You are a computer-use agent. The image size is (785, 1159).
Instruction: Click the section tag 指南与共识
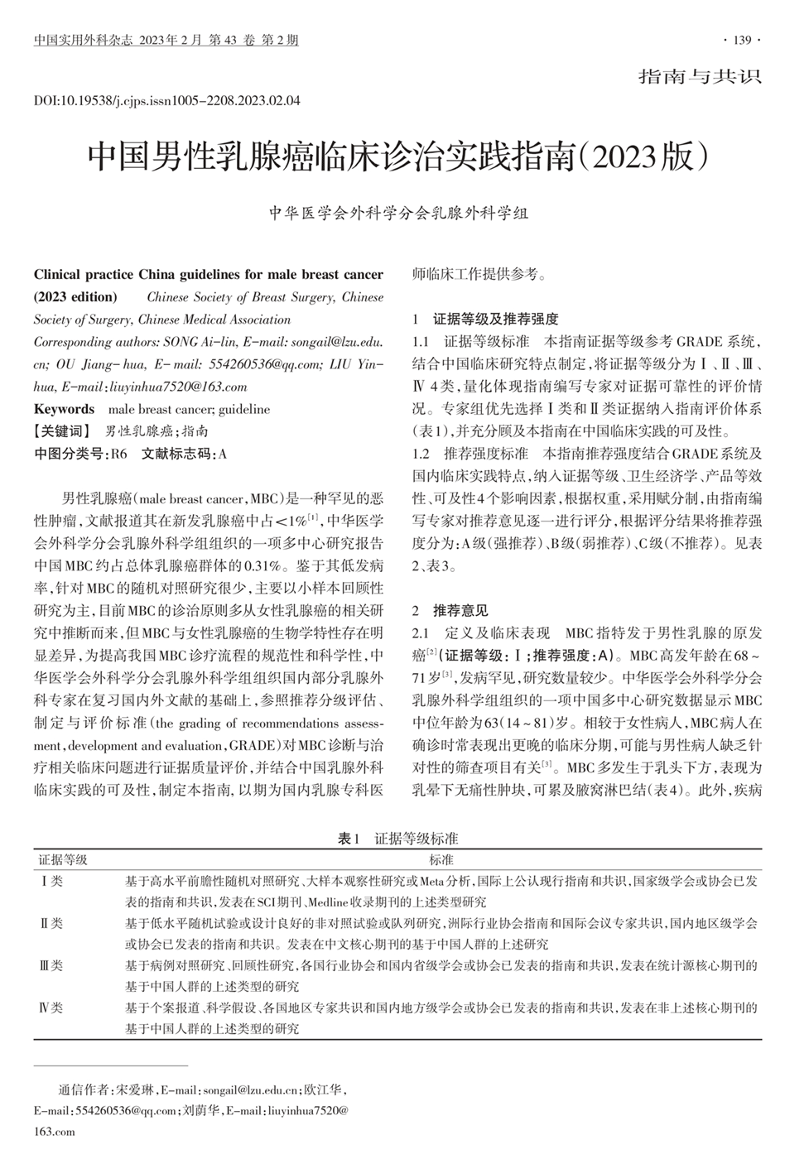pos(700,77)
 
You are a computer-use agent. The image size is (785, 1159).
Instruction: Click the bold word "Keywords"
pos(64,409)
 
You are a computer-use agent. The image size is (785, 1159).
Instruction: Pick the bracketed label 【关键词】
pos(62,431)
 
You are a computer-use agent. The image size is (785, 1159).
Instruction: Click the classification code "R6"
pos(119,453)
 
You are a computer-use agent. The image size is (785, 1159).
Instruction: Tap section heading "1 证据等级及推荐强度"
pos(486,319)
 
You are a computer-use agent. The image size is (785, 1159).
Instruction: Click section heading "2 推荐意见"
pos(450,611)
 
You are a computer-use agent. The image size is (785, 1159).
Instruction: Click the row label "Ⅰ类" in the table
pos(52,881)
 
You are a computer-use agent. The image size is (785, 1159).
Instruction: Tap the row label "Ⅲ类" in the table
pos(52,965)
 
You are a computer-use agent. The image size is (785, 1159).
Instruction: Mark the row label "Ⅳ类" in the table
pos(52,1008)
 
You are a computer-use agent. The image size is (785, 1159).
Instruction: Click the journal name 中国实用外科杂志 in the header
pos(83,40)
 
